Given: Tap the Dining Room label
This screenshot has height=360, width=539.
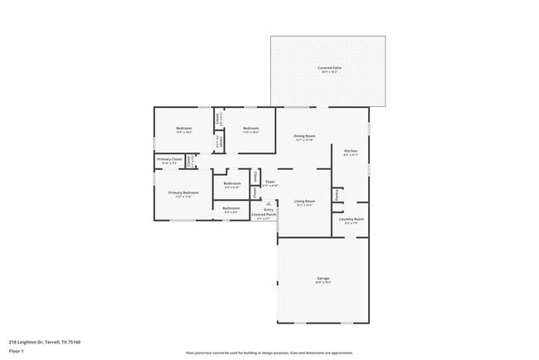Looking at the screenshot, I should coord(304,135).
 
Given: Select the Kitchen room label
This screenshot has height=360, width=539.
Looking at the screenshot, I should coord(350,150).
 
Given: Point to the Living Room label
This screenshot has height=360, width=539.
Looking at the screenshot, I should coord(304,201).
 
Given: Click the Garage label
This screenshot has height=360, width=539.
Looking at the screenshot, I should coord(323,278).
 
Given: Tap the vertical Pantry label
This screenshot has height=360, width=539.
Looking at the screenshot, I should coord(337,194).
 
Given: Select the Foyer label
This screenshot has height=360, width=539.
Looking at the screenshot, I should coord(269,181).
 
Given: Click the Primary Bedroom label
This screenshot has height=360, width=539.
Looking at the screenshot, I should coord(184,192).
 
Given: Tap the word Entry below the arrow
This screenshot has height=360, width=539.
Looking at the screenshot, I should coord(268,210).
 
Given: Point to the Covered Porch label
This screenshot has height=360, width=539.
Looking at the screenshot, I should coord(265,214).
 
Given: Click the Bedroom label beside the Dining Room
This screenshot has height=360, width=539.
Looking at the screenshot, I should coord(250,128).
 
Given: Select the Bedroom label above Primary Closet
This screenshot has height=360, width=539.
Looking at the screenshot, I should coord(183,128).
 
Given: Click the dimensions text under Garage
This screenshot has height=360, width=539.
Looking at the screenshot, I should coord(323,283).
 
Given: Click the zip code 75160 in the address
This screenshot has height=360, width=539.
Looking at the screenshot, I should coord(74,341).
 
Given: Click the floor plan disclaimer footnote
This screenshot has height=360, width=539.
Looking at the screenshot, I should coord(269,352).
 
